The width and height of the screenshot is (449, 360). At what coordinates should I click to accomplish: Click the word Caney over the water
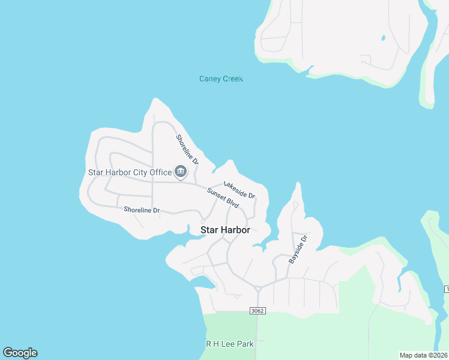(x=209, y=79)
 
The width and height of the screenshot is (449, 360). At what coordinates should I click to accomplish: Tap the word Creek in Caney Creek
(x=232, y=79)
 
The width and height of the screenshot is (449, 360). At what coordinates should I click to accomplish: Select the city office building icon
(x=180, y=172)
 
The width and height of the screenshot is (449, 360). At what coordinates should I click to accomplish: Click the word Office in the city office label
(x=160, y=172)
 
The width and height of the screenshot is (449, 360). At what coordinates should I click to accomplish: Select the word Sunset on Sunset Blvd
(x=217, y=195)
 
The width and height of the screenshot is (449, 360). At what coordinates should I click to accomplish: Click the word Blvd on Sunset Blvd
(x=233, y=205)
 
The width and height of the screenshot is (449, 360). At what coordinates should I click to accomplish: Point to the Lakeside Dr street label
(x=240, y=190)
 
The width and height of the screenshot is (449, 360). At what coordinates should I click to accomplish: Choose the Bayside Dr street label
(x=298, y=249)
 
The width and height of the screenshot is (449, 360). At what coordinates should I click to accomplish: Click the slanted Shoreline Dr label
(x=187, y=150)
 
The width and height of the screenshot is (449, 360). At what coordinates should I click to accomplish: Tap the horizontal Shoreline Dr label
(x=142, y=210)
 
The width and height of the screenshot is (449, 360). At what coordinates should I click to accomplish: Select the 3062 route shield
(x=256, y=311)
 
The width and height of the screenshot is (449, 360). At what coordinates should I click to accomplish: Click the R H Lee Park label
(x=229, y=344)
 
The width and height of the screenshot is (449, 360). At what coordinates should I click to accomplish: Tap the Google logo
(x=20, y=353)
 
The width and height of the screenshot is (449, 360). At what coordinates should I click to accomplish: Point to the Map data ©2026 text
(x=423, y=355)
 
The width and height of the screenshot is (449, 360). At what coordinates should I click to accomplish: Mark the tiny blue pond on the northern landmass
(x=383, y=38)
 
